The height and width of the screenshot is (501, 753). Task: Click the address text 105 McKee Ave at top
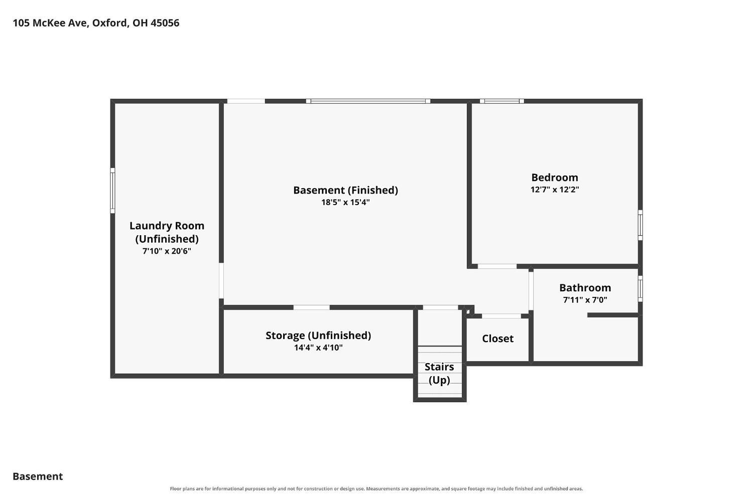point(51,23)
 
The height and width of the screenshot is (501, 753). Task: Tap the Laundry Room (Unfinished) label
point(167,232)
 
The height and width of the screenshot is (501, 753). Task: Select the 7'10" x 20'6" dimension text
point(167,251)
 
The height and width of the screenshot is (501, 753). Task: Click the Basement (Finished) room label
point(345,191)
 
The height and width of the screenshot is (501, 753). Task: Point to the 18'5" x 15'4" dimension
point(345,202)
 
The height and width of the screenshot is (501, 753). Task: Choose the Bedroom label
point(555,178)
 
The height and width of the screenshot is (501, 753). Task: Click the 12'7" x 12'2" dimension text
point(555,190)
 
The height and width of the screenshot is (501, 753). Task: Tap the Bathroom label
point(585,288)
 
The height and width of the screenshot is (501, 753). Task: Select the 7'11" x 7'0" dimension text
point(585,300)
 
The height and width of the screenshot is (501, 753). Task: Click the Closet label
point(498,339)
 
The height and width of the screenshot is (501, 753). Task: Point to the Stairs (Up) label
point(439,374)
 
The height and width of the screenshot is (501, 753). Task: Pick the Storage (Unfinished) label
point(318,336)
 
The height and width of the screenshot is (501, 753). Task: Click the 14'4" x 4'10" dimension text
point(318,348)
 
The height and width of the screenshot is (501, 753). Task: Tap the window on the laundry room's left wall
point(112,191)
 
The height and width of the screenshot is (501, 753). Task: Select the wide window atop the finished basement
point(368,101)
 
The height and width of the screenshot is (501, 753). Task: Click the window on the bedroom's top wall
point(502,101)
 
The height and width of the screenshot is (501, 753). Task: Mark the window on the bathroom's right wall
point(641,289)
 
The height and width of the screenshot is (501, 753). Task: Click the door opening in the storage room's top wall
point(312,307)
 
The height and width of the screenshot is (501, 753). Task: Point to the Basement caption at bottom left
point(38,476)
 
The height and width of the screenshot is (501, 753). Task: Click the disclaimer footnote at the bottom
point(376,489)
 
